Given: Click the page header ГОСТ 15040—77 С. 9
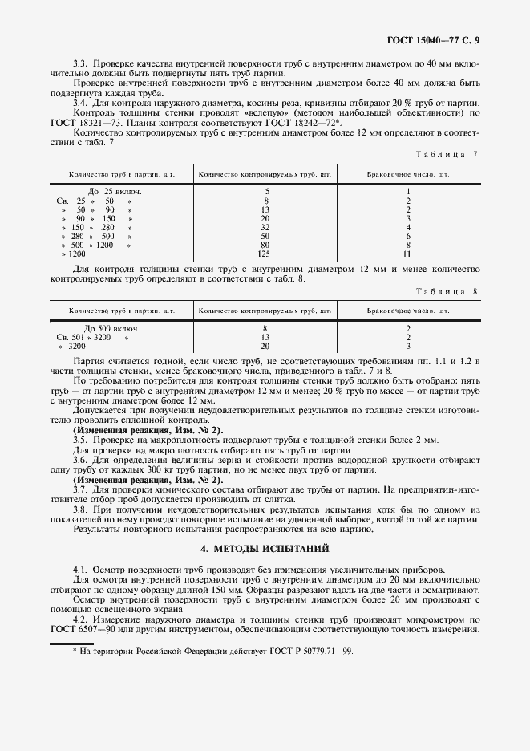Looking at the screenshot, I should coord(434,39).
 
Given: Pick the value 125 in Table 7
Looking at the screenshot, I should coord(265,254).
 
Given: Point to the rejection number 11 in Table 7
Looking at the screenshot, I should coord(408,254).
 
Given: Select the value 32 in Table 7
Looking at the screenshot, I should coord(265,227).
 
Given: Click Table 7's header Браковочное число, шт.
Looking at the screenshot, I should coord(408,173).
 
